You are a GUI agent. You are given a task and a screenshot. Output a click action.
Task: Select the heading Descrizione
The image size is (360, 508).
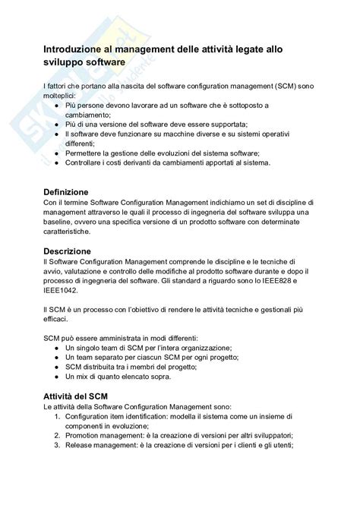[67, 251]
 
